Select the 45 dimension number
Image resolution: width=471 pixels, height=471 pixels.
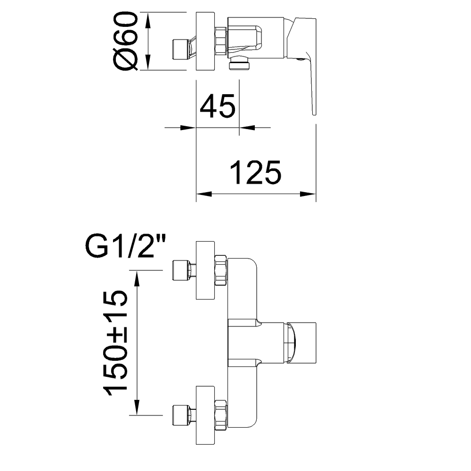click(x=217, y=107)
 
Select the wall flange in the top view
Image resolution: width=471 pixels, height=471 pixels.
click(x=205, y=42)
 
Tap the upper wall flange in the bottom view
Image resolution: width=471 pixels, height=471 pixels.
click(x=206, y=271)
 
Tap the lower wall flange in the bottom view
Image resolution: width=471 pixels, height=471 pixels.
click(x=206, y=415)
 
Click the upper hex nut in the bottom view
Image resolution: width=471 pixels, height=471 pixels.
click(x=221, y=271)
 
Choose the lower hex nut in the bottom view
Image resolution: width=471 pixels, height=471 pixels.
click(x=221, y=415)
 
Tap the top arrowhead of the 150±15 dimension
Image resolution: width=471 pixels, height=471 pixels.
click(x=137, y=280)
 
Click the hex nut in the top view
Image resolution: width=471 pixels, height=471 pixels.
click(x=221, y=42)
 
